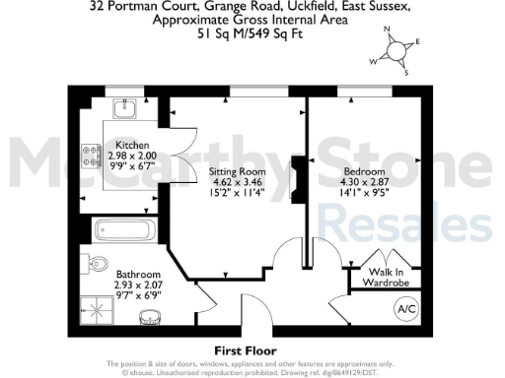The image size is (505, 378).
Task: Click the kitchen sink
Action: point(127,109)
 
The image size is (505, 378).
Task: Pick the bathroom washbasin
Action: point(149,317)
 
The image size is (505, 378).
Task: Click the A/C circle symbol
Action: point(404,309)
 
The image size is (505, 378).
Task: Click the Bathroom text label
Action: point(132,275)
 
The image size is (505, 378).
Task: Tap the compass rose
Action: point(397,51)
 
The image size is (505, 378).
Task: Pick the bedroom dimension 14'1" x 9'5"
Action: point(367,193)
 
